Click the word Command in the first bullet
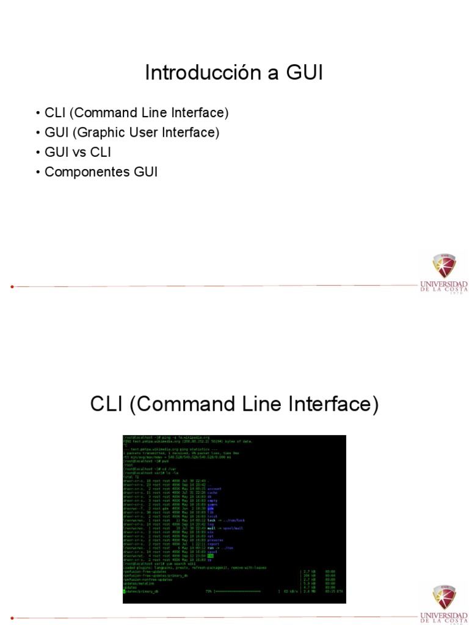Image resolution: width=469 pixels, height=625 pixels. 107,113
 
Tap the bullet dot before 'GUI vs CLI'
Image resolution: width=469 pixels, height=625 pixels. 38,153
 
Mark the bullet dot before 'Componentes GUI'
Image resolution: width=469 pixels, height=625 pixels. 38,173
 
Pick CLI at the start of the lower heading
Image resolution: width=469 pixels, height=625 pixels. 108,404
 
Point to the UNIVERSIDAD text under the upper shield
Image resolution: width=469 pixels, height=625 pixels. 444,284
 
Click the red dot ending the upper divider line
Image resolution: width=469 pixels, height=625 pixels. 12,286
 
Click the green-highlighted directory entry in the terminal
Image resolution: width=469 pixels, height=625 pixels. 210,556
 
